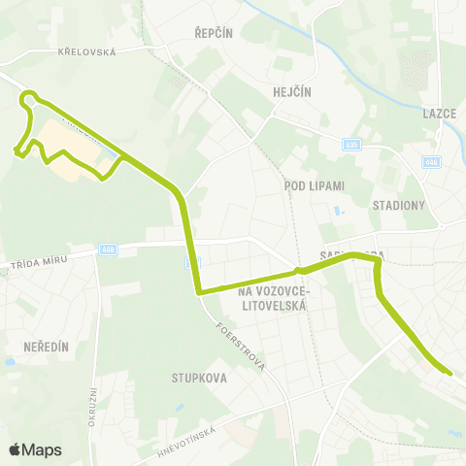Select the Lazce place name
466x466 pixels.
440,113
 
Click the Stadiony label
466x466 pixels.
398,205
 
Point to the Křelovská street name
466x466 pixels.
86,51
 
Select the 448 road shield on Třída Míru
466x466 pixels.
107,249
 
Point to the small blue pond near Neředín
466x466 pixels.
10,361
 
